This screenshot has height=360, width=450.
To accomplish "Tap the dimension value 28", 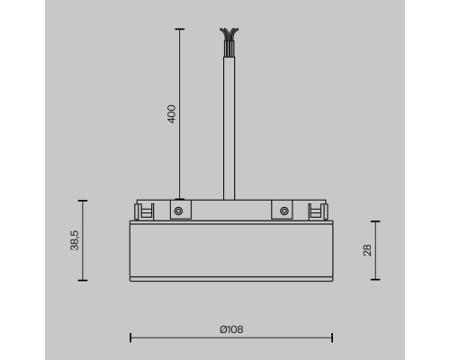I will (x=367, y=249).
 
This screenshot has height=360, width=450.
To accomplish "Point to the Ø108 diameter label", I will (x=231, y=329).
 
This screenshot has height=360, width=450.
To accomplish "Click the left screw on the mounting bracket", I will (x=179, y=211).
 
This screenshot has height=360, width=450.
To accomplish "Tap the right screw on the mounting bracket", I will (x=284, y=211).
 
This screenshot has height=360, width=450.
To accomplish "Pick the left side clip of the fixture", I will (x=139, y=211).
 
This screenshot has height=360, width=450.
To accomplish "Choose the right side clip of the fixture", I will (x=315, y=211).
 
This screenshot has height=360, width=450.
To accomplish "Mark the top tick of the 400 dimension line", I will (x=179, y=30).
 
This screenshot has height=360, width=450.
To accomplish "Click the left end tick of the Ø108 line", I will (x=131, y=337).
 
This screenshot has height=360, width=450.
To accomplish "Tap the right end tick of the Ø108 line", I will (x=332, y=337).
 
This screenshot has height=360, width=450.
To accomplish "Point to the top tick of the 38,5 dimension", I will (x=83, y=201).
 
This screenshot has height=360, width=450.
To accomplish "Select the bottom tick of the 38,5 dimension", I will (x=83, y=280).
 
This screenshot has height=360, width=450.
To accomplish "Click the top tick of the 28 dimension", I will (x=375, y=221).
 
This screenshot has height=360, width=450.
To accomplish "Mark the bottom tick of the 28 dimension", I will (x=375, y=280).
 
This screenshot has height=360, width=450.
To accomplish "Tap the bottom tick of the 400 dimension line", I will (x=179, y=199).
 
